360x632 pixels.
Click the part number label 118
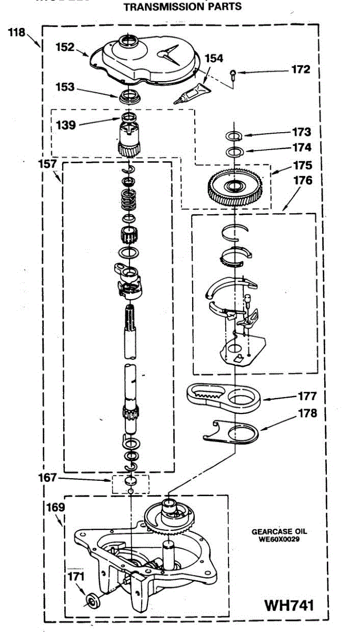tap(17, 33)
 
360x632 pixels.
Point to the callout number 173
tap(303, 132)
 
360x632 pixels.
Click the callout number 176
tap(303, 181)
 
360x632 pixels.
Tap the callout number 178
tap(307, 413)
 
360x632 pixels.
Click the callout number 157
tap(46, 164)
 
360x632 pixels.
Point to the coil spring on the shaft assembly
tap(129, 200)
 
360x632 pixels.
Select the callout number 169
tap(55, 508)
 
